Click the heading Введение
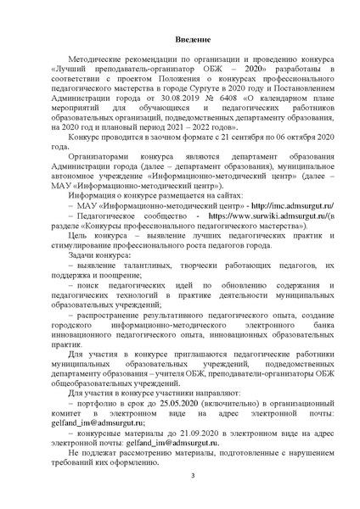pyautogui.click(x=180, y=41)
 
